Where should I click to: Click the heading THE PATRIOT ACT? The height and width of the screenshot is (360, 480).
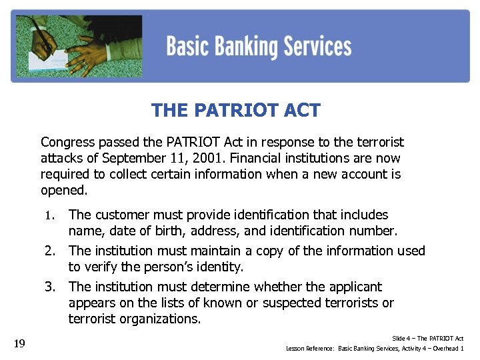(236, 110)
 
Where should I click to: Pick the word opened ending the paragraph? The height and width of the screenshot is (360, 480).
(63, 190)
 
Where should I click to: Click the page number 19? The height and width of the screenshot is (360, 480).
(19, 343)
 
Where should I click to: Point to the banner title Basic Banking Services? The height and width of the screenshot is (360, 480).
(259, 47)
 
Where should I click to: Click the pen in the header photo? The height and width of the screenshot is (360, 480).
(45, 37)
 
